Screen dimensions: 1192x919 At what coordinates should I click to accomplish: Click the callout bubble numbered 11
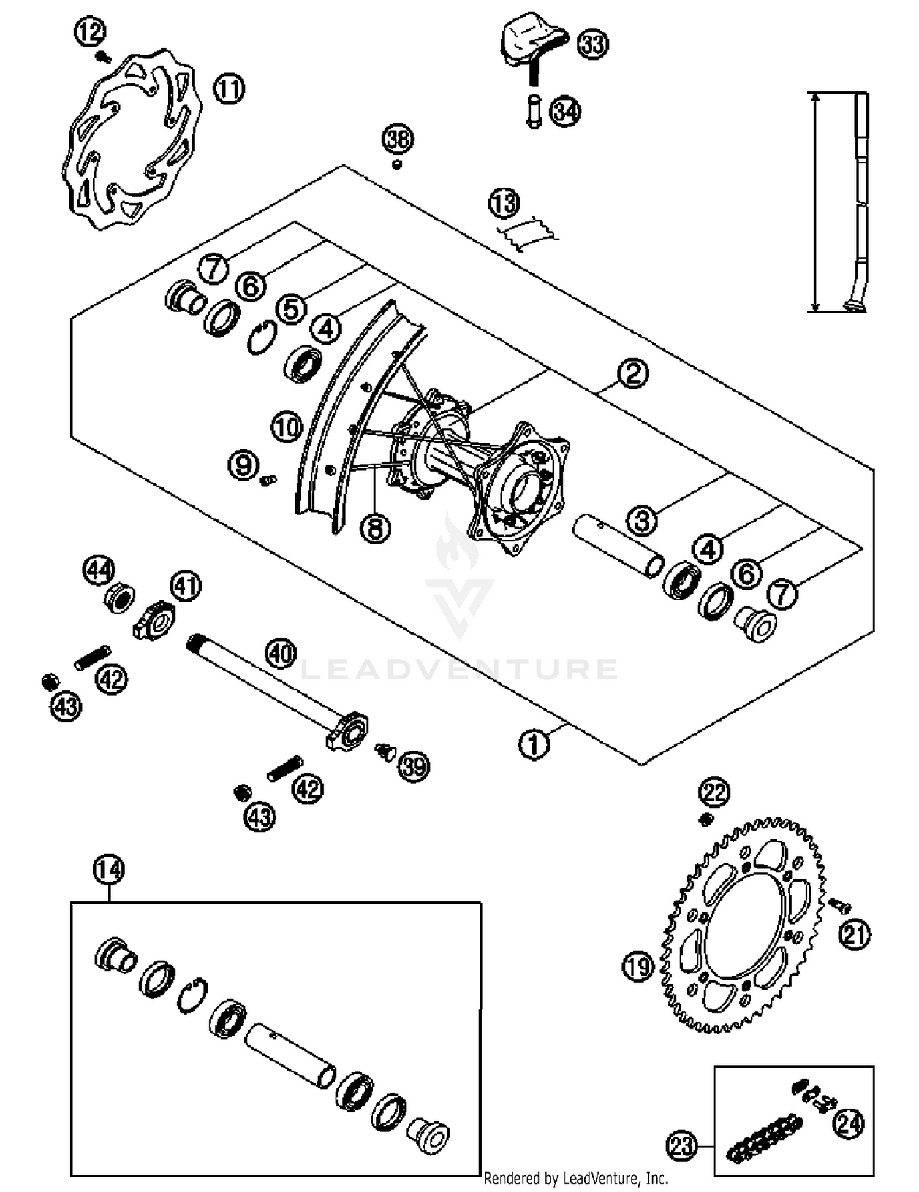pos(229,90)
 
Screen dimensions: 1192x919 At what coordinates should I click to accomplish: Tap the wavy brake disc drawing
pos(132,140)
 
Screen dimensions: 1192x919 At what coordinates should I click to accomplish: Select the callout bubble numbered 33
pos(592,45)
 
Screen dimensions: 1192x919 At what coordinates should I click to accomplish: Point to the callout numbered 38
pos(398,139)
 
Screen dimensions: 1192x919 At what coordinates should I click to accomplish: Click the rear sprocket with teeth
pos(744,926)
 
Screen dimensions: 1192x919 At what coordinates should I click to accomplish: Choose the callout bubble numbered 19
pos(639,968)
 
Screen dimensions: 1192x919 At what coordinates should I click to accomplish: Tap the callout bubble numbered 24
pos(849,1124)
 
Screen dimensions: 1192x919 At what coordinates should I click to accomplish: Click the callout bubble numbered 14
pos(109,870)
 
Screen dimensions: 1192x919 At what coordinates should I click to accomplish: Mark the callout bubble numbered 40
pos(281,654)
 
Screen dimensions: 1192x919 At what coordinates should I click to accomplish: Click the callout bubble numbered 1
pos(534,745)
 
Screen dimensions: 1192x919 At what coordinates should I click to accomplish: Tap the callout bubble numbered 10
pos(287,427)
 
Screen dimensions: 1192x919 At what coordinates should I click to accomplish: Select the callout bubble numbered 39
pos(414,766)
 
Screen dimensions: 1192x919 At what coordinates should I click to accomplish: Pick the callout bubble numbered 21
pos(854,936)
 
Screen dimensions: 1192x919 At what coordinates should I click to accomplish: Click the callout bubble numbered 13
pos(504,204)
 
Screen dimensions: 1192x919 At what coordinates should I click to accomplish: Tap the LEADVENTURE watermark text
pos(459,669)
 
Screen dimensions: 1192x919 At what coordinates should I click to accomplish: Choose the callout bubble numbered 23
pos(681,1145)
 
